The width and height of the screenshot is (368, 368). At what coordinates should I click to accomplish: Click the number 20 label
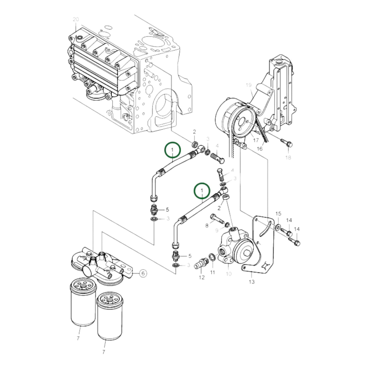76,19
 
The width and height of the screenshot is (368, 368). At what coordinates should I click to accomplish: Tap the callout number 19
249,85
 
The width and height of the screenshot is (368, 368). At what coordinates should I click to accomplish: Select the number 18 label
288,158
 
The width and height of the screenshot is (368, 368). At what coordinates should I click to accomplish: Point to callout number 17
256,140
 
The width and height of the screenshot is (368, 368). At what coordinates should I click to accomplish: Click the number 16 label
259,148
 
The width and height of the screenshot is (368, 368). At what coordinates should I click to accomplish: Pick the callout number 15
278,213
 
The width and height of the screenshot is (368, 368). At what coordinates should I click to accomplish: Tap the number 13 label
252,282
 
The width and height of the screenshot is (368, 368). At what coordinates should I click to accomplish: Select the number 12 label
202,277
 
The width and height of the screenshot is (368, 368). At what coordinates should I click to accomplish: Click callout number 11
213,272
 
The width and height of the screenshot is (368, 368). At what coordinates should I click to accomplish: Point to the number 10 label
228,274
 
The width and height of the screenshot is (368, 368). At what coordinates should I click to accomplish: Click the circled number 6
143,273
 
